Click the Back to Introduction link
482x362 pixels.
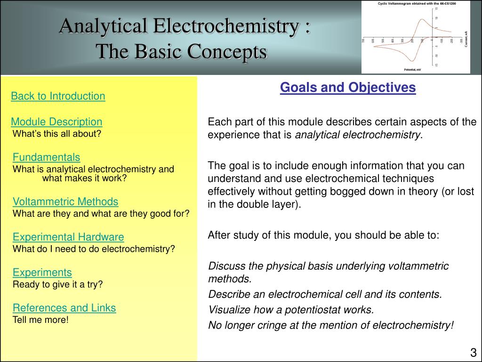click(x=58, y=96)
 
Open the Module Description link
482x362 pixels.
click(x=56, y=122)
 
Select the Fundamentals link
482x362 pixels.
click(x=46, y=157)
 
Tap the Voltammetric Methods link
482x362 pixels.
click(x=65, y=202)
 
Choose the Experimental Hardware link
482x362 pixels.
click(x=68, y=237)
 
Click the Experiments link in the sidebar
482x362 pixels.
click(x=42, y=272)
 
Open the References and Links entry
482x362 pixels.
click(x=64, y=308)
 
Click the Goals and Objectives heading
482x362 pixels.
click(x=348, y=88)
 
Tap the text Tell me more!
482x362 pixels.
click(x=40, y=320)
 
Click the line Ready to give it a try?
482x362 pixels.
click(x=57, y=284)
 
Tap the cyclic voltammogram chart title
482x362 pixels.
click(x=416, y=3)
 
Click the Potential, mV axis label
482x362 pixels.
click(x=412, y=70)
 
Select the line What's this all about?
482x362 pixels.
click(x=57, y=133)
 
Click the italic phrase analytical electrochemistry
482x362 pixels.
click(x=358, y=135)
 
